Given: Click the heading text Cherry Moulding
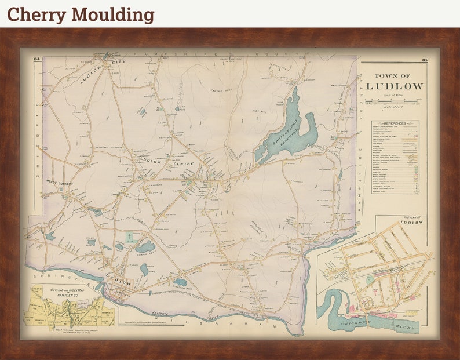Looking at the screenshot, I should [x=81, y=14].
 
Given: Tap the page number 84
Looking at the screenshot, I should [x=36, y=60].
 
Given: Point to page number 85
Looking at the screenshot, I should [x=425, y=60].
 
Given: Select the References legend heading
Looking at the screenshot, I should [x=394, y=123].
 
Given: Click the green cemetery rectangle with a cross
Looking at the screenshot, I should [x=132, y=237].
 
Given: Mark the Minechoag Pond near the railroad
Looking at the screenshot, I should [x=180, y=283].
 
